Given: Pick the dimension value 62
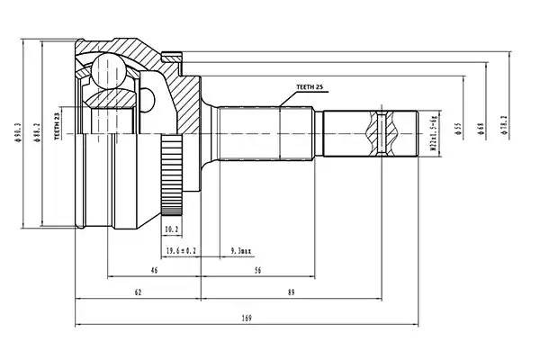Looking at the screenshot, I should tap(137, 292).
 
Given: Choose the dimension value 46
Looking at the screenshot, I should tap(154, 269).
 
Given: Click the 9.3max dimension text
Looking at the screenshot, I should tap(241, 249).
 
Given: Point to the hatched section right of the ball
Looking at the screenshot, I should tap(184, 94).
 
